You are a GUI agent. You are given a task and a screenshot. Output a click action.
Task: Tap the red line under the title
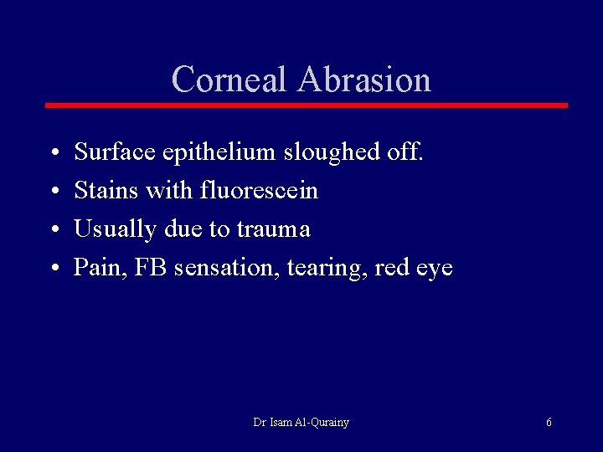pos(306,105)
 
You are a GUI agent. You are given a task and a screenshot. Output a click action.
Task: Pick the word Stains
pos(106,191)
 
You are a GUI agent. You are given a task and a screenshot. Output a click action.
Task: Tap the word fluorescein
pos(260,191)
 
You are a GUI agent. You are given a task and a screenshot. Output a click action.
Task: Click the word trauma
pos(274,229)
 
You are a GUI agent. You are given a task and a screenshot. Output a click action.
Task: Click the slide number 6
pos(549,423)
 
